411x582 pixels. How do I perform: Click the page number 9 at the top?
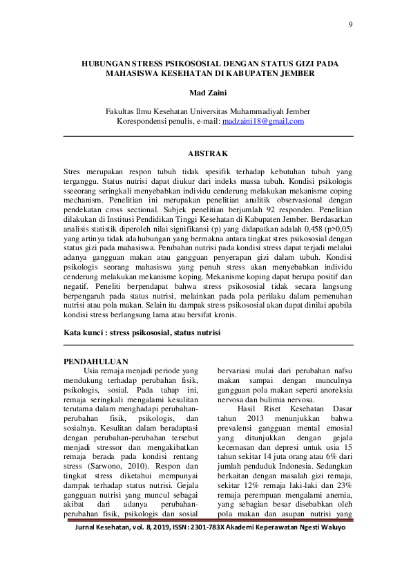(x=350, y=25)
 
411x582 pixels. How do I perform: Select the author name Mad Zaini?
(x=207, y=91)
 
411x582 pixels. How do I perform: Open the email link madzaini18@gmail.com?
(x=263, y=122)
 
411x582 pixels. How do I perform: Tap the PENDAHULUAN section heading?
(x=95, y=362)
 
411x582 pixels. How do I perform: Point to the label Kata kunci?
(x=82, y=332)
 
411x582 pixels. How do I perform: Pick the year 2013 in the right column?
(x=254, y=418)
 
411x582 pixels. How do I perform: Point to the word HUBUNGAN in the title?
(x=108, y=62)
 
